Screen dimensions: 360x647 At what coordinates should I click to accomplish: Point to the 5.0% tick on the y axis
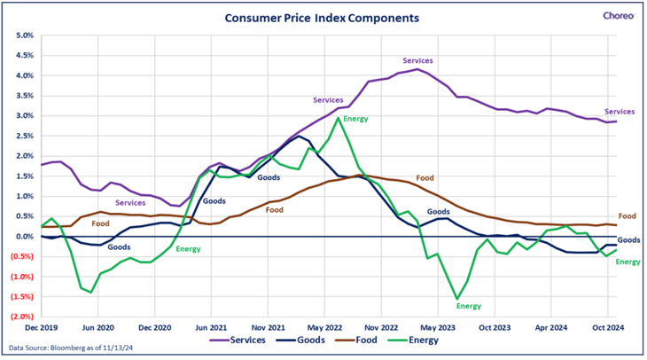21,36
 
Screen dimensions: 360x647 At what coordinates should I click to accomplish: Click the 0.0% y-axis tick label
21,237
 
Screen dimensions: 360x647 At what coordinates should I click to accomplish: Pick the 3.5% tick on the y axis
21,97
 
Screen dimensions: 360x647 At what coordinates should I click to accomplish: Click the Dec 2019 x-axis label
41,327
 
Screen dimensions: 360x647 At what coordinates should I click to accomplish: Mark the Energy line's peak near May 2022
339,118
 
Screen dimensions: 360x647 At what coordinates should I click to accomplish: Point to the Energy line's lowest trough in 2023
456,299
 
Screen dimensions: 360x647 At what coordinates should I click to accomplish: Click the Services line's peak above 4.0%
416,69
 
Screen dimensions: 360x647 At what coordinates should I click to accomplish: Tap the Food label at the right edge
627,216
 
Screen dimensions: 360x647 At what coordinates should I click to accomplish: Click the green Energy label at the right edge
627,262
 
